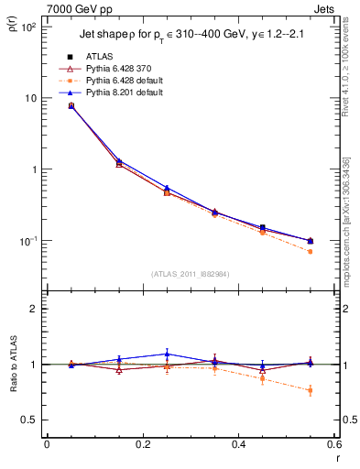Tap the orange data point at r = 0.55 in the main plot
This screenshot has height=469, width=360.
coord(310,251)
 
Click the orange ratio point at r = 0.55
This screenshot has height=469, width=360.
coord(310,390)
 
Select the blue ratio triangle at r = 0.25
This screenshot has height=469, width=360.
coord(166,354)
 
